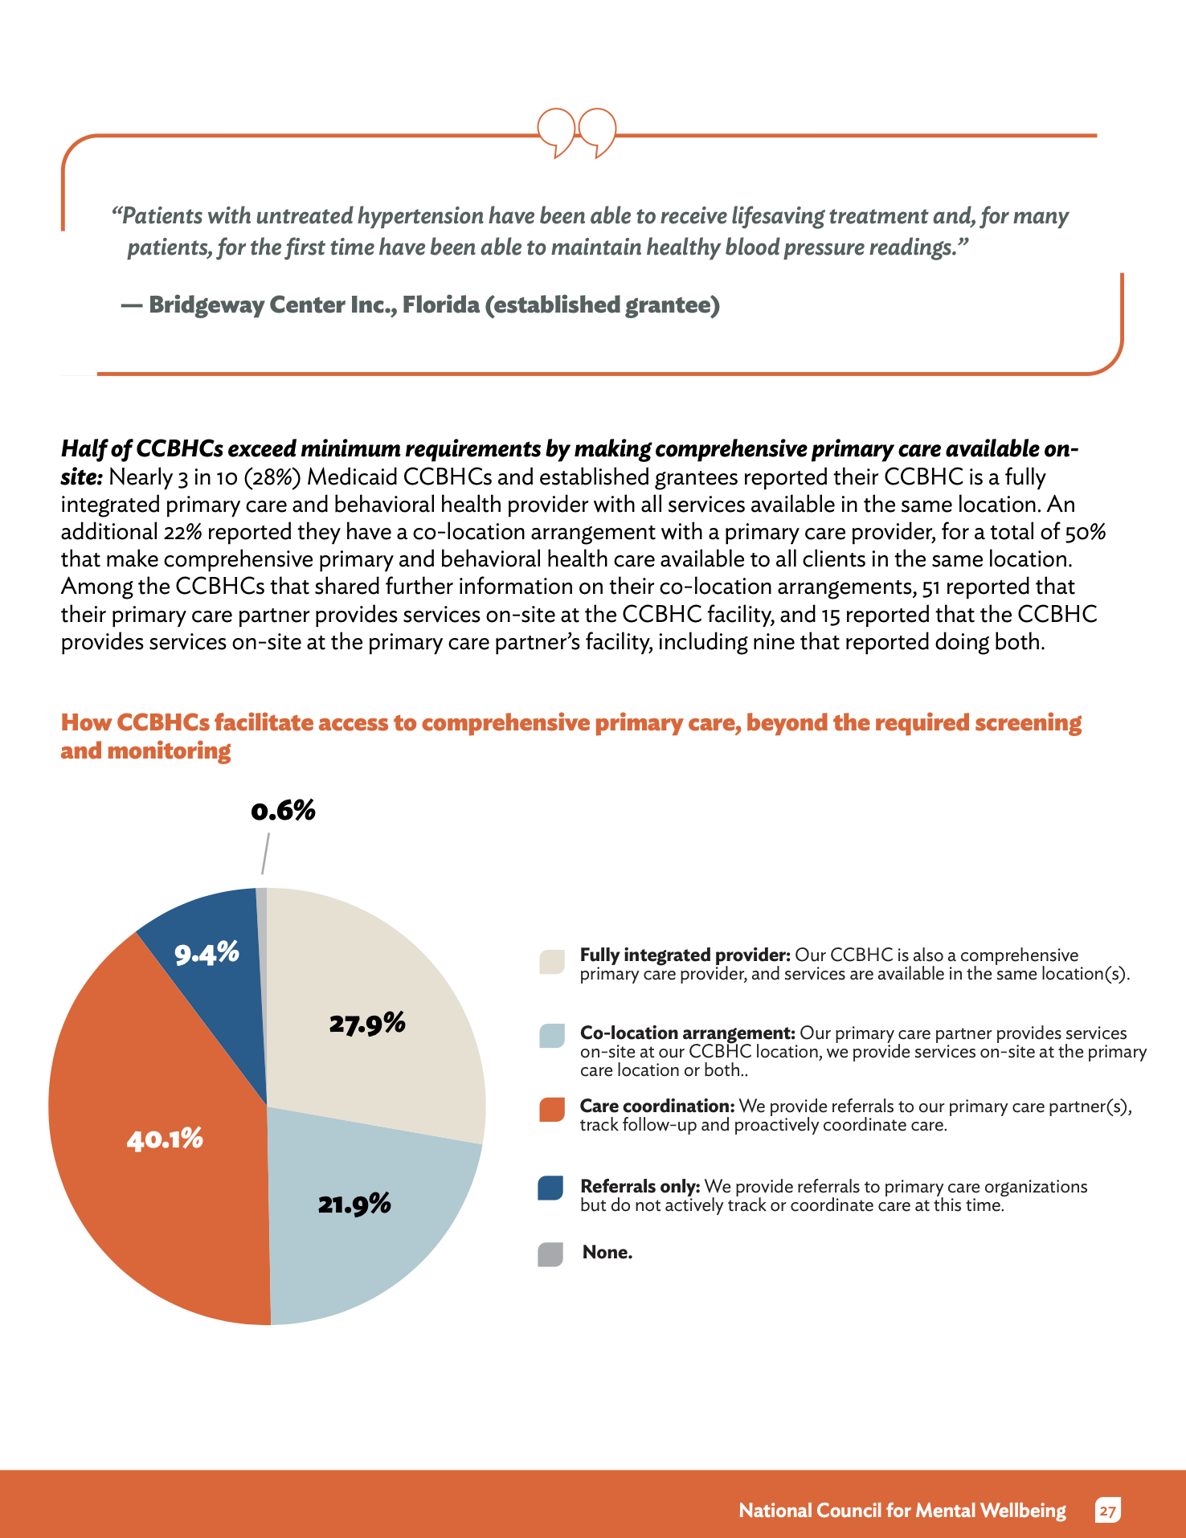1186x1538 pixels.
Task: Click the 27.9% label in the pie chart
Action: [x=367, y=1023]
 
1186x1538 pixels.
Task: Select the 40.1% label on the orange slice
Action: [x=165, y=1139]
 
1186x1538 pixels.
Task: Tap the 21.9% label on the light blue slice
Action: [x=354, y=1204]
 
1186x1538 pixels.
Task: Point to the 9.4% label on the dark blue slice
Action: [x=207, y=953]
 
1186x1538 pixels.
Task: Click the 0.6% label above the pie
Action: [x=283, y=810]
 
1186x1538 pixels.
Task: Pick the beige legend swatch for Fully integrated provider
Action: [x=552, y=962]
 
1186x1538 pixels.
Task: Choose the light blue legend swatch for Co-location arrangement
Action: [x=552, y=1036]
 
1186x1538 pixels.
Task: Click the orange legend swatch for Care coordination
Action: [x=552, y=1110]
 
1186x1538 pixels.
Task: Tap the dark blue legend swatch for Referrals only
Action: [x=550, y=1188]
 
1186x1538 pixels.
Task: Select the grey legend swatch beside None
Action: [x=550, y=1254]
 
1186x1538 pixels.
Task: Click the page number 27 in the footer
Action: [x=1108, y=1511]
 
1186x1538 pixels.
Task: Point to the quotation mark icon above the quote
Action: [x=577, y=133]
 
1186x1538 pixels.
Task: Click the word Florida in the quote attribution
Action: [x=441, y=305]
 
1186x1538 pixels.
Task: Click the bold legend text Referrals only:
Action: [x=640, y=1187]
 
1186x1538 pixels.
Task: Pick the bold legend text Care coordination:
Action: [x=657, y=1106]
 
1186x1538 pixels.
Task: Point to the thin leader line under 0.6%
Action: [x=265, y=853]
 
